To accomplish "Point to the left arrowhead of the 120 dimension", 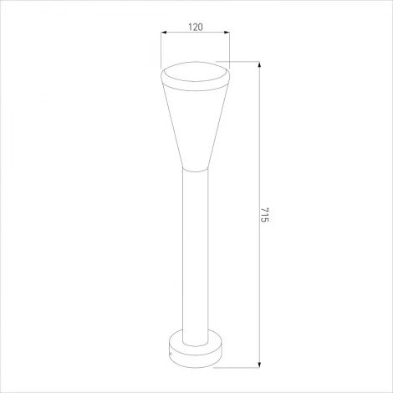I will coord(163,35).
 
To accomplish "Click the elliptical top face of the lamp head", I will coord(194,70).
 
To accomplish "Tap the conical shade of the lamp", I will coord(194,125).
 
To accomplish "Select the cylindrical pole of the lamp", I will coord(194,251).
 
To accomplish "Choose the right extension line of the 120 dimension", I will coord(227,48).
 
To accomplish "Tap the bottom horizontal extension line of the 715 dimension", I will coord(242,366).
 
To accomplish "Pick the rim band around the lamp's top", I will coord(194,83).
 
